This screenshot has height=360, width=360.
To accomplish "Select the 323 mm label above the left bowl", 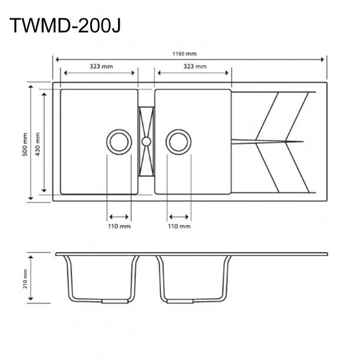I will click(x=99, y=67).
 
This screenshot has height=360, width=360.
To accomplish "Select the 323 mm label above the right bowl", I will click(x=194, y=67).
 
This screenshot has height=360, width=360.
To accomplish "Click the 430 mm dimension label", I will click(x=38, y=142).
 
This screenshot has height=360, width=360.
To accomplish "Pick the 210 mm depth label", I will click(x=25, y=279).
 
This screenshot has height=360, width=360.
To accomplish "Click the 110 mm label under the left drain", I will click(x=119, y=226).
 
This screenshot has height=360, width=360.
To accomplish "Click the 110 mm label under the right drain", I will click(x=179, y=226).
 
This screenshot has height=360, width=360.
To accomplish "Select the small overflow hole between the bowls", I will click(x=146, y=141).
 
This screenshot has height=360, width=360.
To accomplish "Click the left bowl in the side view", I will click(x=99, y=277).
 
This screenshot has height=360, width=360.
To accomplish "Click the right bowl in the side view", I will click(x=193, y=277).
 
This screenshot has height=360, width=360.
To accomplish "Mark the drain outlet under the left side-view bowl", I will click(x=114, y=301).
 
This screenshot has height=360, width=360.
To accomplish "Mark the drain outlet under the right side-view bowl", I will click(x=178, y=301).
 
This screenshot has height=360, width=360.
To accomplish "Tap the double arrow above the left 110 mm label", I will click(x=119, y=216).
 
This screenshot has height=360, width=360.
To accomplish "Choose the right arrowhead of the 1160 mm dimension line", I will click(x=323, y=59).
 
